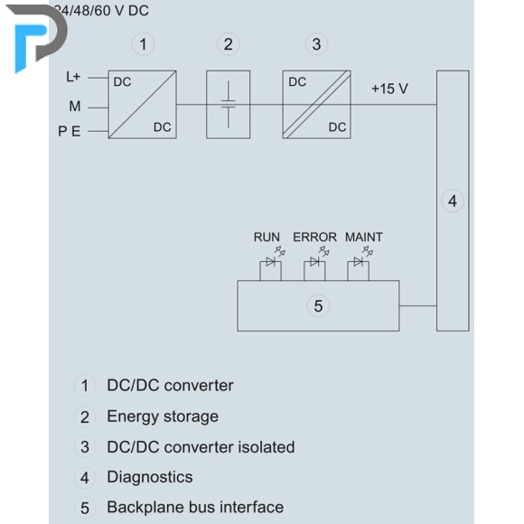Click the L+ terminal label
click(73, 77)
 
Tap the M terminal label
click(75, 107)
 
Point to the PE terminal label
click(70, 131)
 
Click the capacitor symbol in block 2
click(229, 104)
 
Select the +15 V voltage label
click(389, 89)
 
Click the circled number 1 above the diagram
click(143, 44)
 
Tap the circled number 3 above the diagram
click(316, 44)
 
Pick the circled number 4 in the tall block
click(453, 201)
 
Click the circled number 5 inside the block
click(318, 305)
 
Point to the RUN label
click(267, 238)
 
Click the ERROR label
click(314, 238)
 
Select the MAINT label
click(364, 238)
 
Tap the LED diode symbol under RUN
click(271, 262)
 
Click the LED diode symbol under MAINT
click(359, 262)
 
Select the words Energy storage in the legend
click(163, 416)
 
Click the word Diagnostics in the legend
click(150, 477)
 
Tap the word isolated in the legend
click(267, 447)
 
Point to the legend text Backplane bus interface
click(195, 508)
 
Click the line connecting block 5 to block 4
click(417, 305)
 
